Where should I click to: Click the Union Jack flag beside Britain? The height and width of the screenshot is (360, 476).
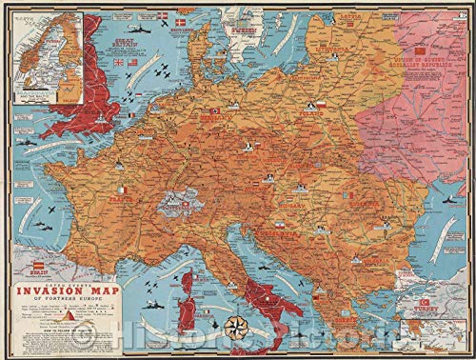tap(118, 64)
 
